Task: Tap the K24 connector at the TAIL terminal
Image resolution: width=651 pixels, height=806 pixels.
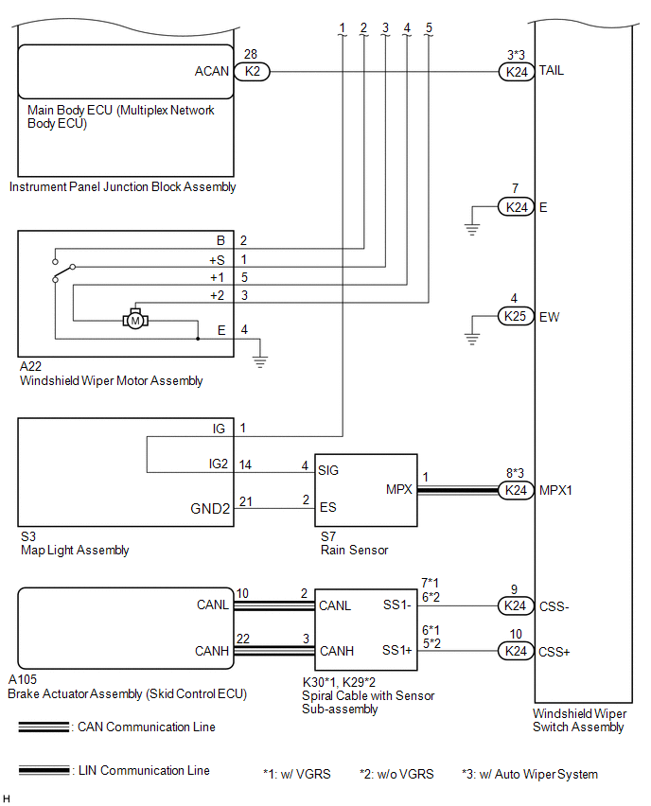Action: [516, 71]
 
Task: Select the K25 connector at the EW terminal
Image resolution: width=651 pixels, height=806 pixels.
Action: [516, 316]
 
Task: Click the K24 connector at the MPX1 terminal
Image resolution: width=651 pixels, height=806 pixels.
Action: [516, 490]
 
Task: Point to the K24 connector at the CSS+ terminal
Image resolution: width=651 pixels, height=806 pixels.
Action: [516, 651]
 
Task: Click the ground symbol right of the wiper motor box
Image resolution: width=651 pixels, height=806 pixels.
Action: [260, 360]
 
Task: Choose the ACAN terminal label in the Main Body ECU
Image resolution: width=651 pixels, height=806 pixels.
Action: [211, 71]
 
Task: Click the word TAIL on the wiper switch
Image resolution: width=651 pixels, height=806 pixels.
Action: [552, 71]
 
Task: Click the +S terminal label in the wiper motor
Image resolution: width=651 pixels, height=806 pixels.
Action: [217, 259]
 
